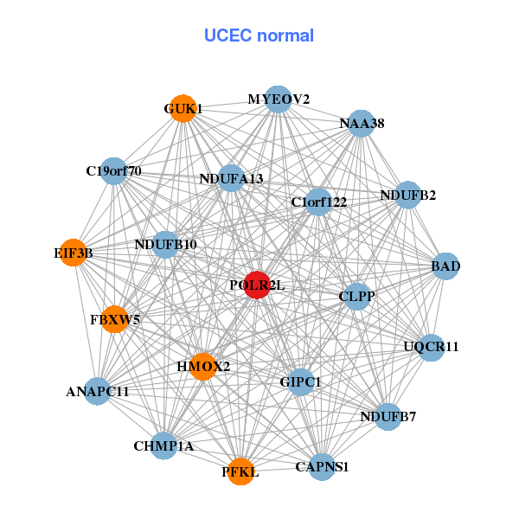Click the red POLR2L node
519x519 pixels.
click(257, 285)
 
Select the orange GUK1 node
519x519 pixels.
click(183, 108)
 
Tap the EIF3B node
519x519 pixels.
click(74, 253)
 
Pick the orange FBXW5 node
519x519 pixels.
click(114, 319)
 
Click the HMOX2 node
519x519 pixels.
click(203, 366)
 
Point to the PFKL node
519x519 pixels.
click(240, 471)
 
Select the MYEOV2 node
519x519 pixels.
click(278, 99)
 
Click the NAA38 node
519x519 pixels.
click(361, 124)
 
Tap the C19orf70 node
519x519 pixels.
click(113, 170)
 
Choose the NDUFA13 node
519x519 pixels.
click(231, 178)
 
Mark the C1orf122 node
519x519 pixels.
click(318, 202)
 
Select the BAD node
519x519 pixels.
click(445, 266)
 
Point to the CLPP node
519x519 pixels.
click(356, 297)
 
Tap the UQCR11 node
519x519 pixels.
click(431, 347)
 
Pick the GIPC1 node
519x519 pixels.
click(300, 381)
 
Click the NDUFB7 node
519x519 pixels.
click(388, 417)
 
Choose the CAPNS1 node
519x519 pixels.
click(321, 467)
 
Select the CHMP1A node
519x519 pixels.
click(163, 446)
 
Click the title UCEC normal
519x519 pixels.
click(259, 35)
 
